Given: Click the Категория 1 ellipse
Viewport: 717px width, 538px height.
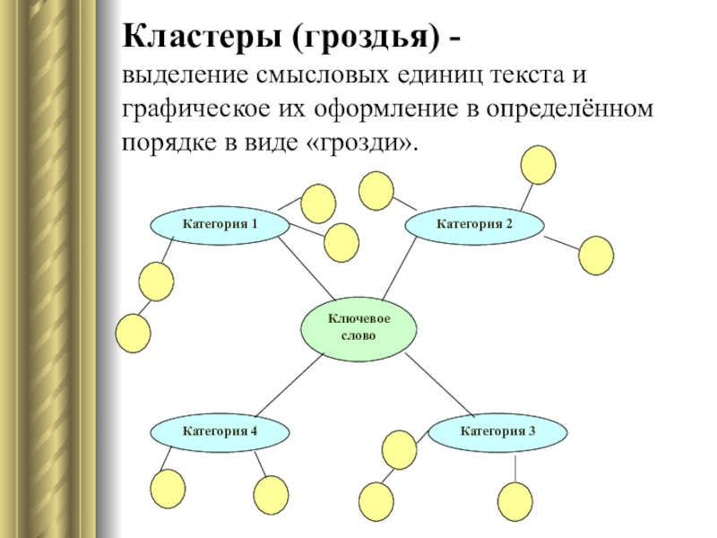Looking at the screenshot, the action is pyautogui.click(x=219, y=223).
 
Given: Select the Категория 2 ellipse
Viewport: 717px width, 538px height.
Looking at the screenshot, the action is pyautogui.click(x=474, y=223).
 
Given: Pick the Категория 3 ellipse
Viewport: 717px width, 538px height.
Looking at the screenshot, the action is pyautogui.click(x=497, y=431).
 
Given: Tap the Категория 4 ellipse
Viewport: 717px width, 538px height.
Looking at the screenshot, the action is pyautogui.click(x=220, y=431).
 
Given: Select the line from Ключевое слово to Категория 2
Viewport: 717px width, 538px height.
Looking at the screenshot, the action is pyautogui.click(x=400, y=270).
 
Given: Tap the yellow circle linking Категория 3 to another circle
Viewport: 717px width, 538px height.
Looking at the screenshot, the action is pyautogui.click(x=399, y=447).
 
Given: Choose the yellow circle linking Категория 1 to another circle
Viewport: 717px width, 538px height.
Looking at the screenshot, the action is pyautogui.click(x=156, y=281).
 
